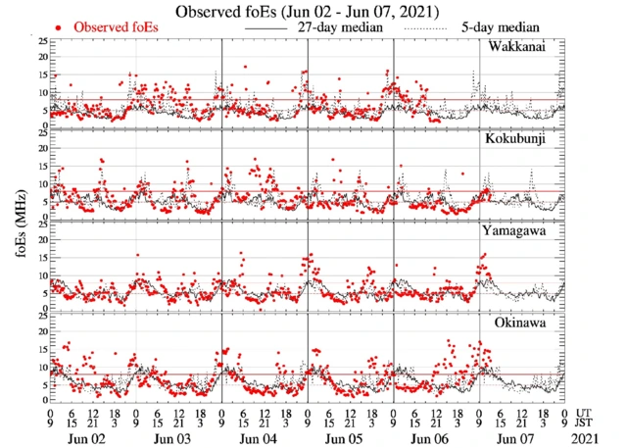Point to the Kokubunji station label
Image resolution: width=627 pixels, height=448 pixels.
pyautogui.click(x=515, y=139)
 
